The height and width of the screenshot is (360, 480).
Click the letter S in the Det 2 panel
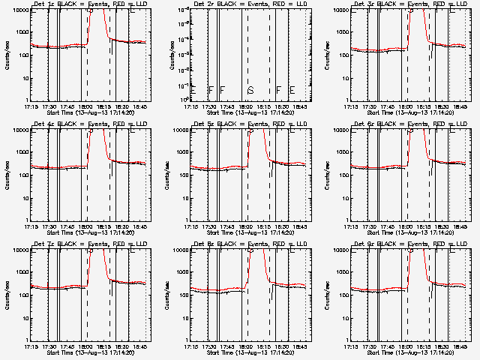click(250, 91)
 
